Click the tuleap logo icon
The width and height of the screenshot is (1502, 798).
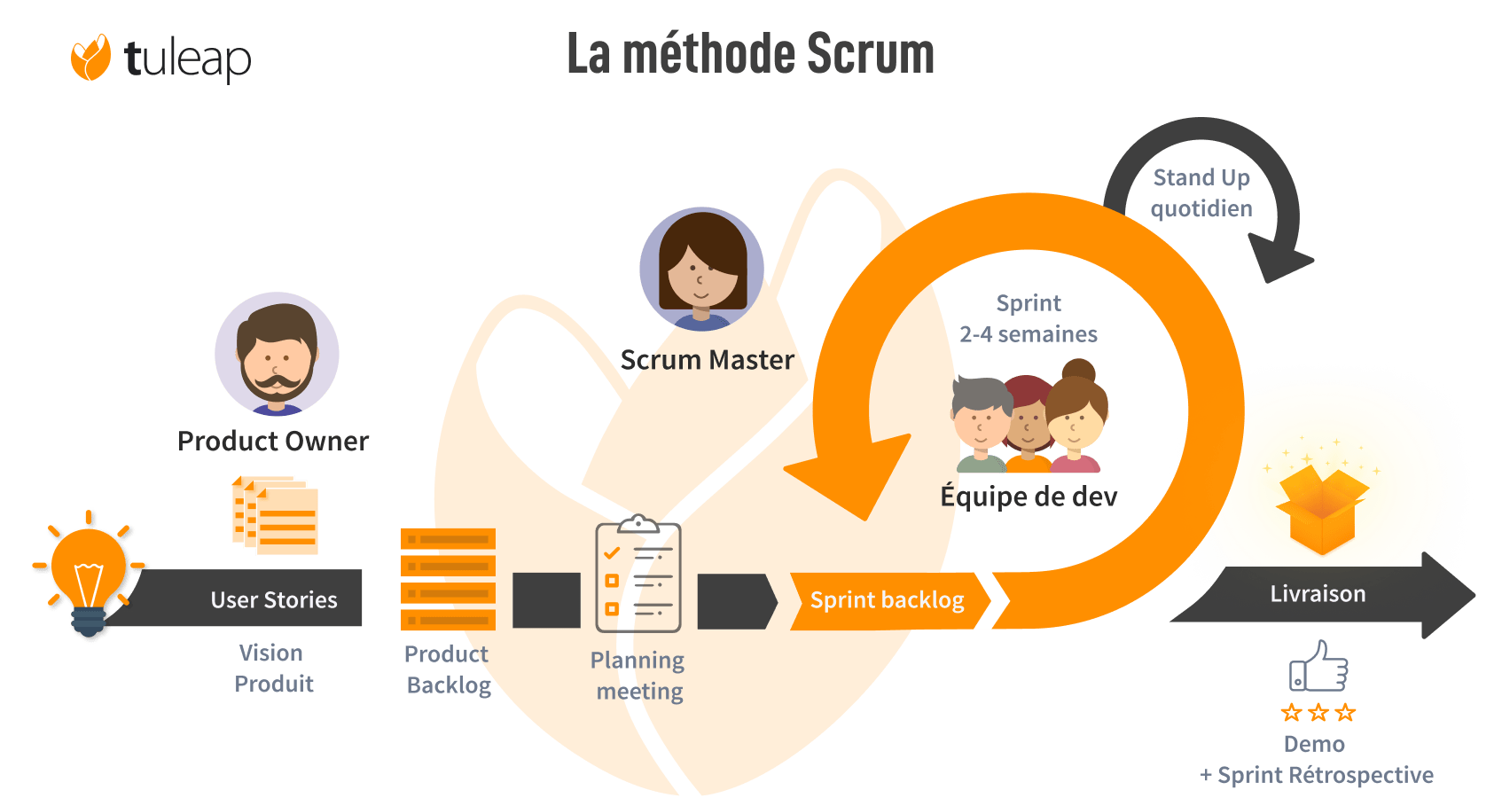click(90, 58)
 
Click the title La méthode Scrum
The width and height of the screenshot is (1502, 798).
click(750, 54)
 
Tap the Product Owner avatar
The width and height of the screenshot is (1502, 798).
click(277, 354)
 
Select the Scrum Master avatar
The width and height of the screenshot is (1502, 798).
click(701, 269)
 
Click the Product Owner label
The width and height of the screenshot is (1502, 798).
click(273, 441)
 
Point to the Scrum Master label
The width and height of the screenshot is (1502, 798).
click(707, 360)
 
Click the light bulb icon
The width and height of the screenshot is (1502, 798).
click(89, 572)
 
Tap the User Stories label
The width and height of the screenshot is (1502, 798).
click(274, 600)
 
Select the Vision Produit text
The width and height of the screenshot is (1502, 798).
click(273, 669)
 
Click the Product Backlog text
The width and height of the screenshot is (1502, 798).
click(447, 669)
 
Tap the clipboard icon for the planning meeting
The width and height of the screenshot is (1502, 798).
click(638, 575)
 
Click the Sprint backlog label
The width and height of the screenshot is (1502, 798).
click(887, 600)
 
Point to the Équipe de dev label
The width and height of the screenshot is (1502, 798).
click(1029, 496)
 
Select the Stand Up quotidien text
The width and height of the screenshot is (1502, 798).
click(1201, 192)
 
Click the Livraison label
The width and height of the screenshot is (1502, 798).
click(1318, 594)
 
